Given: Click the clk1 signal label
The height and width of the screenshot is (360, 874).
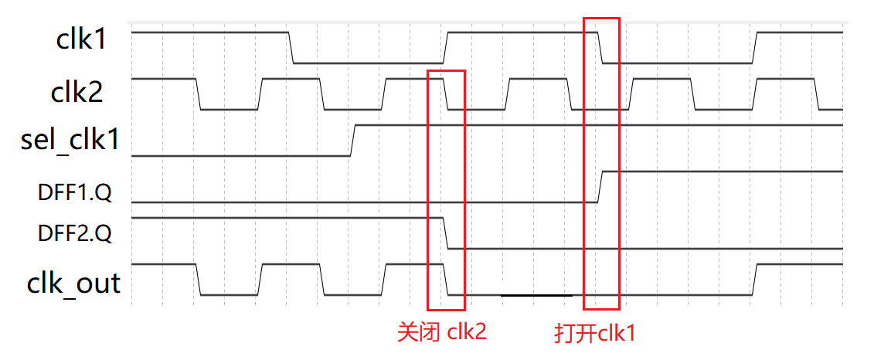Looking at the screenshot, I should (80, 40).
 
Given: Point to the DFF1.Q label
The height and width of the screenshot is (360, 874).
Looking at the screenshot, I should (74, 193).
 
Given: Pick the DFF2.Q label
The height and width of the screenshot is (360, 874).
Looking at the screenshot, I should (74, 232).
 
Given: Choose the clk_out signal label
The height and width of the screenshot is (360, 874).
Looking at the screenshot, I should (74, 283).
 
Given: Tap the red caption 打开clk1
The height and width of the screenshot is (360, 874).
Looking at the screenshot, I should (594, 333).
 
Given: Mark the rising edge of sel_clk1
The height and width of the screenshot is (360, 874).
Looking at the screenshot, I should (352, 140).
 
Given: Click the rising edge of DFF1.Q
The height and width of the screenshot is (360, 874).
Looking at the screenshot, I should (600, 186).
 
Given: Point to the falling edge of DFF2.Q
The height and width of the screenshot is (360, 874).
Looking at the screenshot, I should (446, 233).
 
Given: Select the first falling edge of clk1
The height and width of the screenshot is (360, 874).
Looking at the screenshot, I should (291, 48).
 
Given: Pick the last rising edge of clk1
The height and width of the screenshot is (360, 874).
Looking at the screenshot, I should (755, 48).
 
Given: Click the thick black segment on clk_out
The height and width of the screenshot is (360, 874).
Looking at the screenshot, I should (536, 295).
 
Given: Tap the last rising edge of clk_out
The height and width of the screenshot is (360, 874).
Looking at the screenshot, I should (755, 280).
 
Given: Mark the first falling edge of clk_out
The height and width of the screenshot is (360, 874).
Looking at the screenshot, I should (198, 280).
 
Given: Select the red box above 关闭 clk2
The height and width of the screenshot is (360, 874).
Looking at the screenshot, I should (446, 189).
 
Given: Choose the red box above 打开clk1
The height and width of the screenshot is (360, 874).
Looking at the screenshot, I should (601, 163).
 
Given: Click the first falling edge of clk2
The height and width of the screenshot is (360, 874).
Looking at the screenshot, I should (198, 94).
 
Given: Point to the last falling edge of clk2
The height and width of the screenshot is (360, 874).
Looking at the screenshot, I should (817, 94).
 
